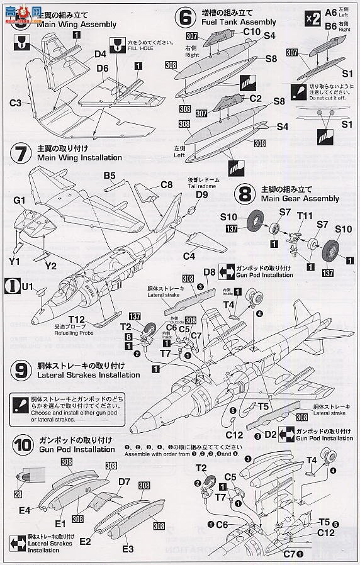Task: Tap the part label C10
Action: pos(252,31)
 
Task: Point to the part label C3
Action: pos(16,102)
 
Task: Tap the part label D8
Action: pos(210,272)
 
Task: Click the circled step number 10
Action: pos(21,444)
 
